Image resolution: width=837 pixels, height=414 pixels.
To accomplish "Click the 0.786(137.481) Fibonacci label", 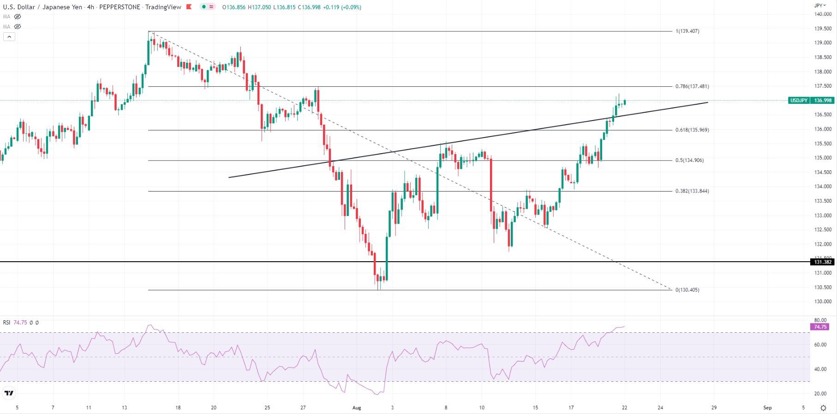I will [692, 86].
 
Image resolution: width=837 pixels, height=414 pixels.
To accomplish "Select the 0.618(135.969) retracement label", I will [692, 130].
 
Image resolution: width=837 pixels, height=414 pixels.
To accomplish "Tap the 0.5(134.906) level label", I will [690, 161].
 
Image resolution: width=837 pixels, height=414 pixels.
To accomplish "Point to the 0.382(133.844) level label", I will [692, 191].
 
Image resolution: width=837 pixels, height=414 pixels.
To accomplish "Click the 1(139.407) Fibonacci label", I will [688, 31].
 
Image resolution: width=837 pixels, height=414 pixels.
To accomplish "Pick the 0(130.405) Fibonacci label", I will [688, 290].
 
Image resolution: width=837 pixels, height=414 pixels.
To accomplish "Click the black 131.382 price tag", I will [822, 262].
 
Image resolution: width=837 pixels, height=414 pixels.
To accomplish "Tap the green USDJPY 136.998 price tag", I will [811, 101].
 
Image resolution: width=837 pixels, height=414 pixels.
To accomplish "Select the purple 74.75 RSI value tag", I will [820, 327].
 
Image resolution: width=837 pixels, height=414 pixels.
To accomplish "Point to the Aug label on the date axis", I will [356, 408].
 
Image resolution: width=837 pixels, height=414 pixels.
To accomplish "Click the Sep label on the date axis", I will [767, 408].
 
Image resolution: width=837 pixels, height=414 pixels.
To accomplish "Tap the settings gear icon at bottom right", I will [824, 408].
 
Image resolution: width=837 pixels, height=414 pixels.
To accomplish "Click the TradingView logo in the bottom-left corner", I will [9, 393].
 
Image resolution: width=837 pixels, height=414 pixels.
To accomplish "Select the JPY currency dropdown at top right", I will [819, 6].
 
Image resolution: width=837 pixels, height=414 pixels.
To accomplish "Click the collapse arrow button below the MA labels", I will [9, 37].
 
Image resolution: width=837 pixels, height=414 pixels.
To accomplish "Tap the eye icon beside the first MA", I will [18, 17].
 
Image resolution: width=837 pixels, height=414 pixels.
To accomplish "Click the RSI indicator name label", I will [6, 323].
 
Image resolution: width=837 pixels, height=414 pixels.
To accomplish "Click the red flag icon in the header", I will [189, 7].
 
